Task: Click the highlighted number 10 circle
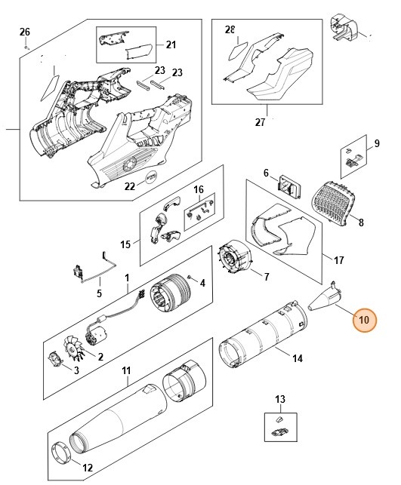[363, 320]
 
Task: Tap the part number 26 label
[25, 32]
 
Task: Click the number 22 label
[130, 186]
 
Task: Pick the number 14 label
[297, 358]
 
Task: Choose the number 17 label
[338, 260]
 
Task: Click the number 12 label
[88, 468]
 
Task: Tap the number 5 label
[99, 293]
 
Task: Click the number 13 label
[280, 398]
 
